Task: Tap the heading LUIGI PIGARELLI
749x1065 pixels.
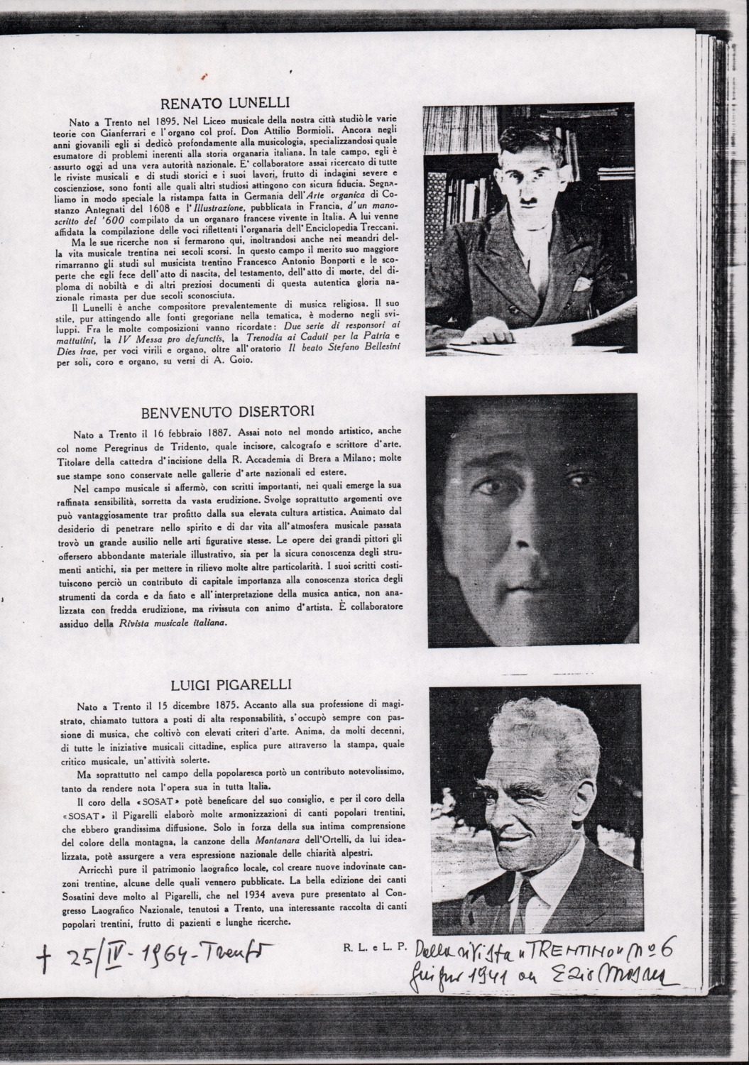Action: [x=222, y=685]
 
